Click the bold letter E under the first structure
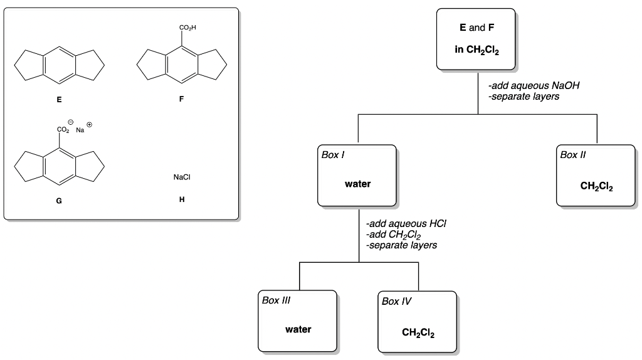tap(59, 99)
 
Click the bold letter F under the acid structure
tap(181, 99)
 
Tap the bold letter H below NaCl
tap(181, 201)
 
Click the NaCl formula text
tap(181, 177)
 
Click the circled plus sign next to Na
tap(89, 125)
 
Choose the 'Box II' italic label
tap(573, 154)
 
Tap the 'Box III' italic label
tap(276, 300)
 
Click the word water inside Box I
tap(357, 184)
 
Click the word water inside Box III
tap(298, 329)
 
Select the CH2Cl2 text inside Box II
tap(596, 186)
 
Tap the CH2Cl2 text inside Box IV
tap(418, 332)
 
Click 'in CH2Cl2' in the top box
tap(476, 50)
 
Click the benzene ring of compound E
tap(59, 65)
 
